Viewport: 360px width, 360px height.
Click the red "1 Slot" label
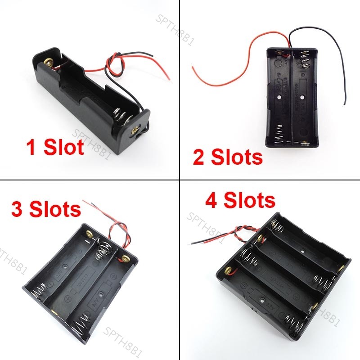55,147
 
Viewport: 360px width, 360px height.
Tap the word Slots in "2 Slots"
237,157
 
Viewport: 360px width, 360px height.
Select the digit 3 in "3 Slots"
19,209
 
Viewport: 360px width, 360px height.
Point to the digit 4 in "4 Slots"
211,200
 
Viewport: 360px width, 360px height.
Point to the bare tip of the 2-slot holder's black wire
345,104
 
